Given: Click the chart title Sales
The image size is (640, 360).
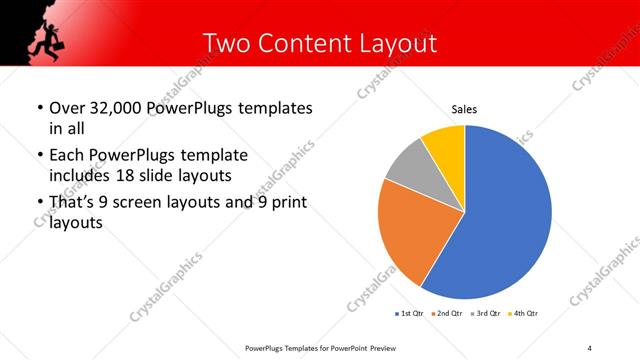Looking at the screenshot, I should click(464, 108).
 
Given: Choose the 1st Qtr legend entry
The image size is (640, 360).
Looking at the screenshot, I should click(410, 314).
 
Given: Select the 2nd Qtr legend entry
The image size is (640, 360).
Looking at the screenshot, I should click(448, 314).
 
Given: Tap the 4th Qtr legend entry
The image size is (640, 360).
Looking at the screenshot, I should click(525, 314).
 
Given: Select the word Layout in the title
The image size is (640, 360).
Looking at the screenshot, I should click(401, 43).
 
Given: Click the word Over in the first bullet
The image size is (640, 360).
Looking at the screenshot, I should click(67, 108).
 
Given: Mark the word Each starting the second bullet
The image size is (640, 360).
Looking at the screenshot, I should click(67, 155).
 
